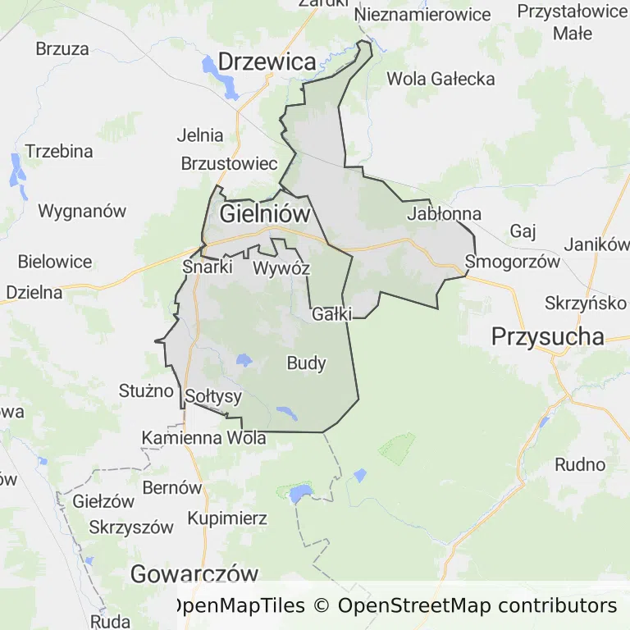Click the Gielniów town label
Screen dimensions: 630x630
point(265,215)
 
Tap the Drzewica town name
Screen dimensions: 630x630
point(267,62)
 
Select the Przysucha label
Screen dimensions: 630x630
point(547,336)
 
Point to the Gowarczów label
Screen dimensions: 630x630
point(195,574)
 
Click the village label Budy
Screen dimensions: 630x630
point(307,363)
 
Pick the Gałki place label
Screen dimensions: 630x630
point(332,313)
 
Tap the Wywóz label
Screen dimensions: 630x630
point(281,268)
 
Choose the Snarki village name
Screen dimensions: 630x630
point(208,267)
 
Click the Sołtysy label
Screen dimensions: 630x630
point(213,397)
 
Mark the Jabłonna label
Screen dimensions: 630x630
point(444,214)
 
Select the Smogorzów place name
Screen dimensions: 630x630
point(512,262)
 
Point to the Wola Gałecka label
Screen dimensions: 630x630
point(441,79)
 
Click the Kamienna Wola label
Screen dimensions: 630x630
point(204,438)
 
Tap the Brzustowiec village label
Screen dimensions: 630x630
point(229,163)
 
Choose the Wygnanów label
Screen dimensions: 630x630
point(82,211)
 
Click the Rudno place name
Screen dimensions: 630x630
point(580,464)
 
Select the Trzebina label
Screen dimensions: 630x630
point(59,152)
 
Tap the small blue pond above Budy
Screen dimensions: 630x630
point(244,359)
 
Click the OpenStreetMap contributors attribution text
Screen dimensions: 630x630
point(477,606)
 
